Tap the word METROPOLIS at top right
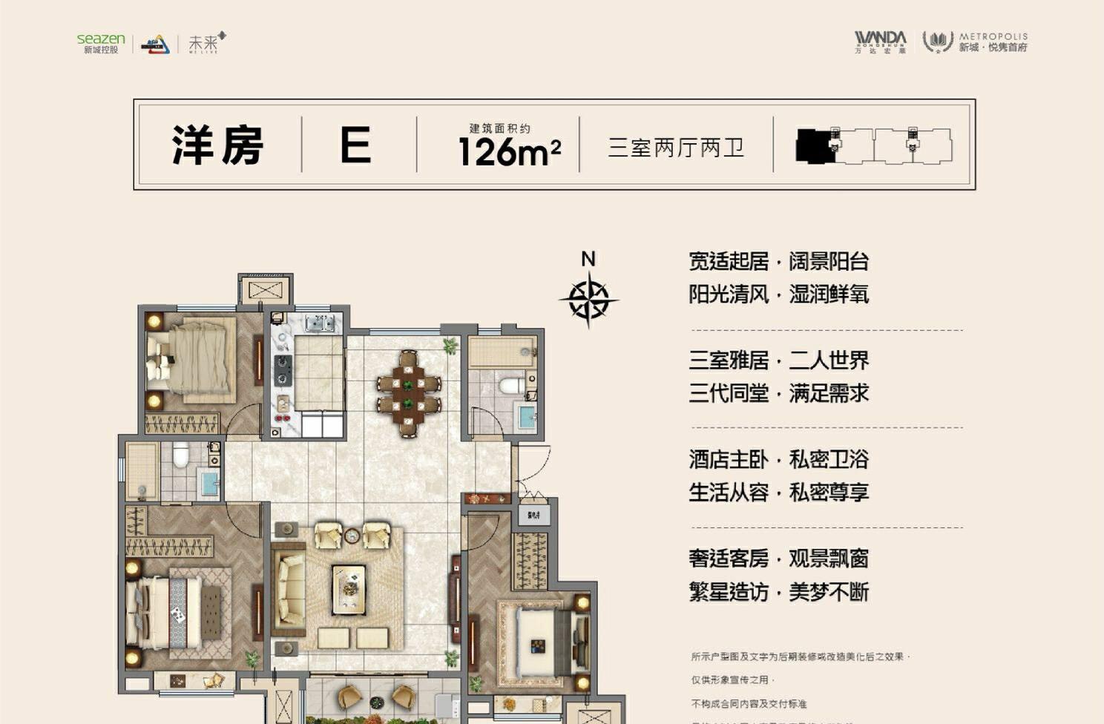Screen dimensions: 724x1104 coord(993,36)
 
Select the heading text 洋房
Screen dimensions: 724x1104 coord(217,145)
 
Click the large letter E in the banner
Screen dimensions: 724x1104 coord(355,145)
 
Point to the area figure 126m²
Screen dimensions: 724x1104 coord(509,151)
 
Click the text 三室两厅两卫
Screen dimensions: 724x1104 coord(676,147)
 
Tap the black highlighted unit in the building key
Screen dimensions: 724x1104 coord(815,146)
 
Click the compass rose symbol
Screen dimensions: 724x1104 coord(588,300)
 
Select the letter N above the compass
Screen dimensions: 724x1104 coord(588,259)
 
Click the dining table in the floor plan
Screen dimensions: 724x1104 coord(408,393)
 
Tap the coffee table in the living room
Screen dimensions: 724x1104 coord(349,589)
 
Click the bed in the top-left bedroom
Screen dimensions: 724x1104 coord(194,359)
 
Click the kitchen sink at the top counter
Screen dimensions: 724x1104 coord(320,323)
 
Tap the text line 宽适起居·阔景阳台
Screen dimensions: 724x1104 coord(778,261)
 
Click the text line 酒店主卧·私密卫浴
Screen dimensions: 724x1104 coord(778,459)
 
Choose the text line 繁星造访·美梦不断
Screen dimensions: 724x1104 coord(778,592)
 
